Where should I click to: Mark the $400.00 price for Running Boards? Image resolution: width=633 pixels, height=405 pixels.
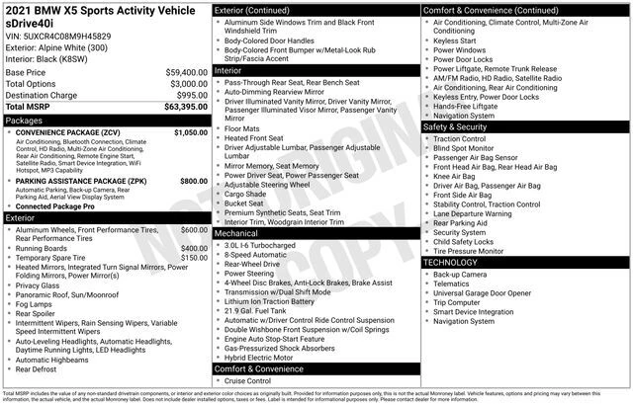tap(194, 248)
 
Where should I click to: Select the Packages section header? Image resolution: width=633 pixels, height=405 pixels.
tap(25, 120)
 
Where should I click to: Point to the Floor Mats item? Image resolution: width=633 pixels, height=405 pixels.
tap(243, 127)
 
